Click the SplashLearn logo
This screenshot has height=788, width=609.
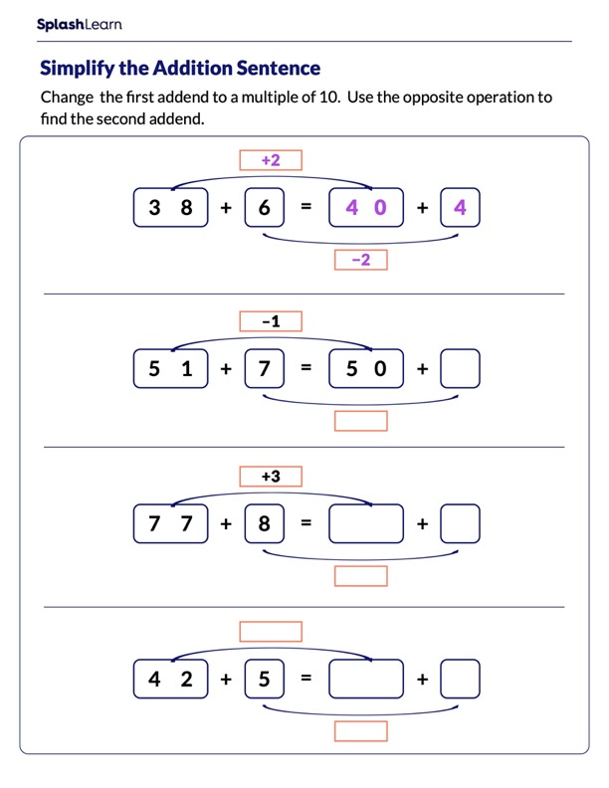(79, 25)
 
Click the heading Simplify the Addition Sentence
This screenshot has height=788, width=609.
(179, 69)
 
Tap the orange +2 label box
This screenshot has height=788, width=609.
(271, 160)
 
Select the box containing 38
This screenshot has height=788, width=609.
(170, 208)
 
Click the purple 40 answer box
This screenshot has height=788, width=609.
(366, 208)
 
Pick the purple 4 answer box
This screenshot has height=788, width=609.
(459, 208)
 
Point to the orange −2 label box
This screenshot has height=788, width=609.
(360, 260)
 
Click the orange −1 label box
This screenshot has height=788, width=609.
(271, 321)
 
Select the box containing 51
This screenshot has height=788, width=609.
(170, 368)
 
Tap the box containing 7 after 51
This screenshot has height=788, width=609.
(264, 368)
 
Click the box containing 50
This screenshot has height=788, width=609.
(366, 368)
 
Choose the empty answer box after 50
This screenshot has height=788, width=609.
(459, 368)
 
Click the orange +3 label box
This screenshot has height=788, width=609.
(271, 477)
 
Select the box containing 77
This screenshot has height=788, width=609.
(170, 523)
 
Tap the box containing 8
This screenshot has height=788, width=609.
(264, 523)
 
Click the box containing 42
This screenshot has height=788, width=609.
(170, 680)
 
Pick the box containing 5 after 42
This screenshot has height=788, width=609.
(264, 680)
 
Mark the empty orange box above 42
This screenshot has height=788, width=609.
(271, 632)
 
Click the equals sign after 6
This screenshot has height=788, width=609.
(306, 208)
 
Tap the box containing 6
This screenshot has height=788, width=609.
(264, 208)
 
